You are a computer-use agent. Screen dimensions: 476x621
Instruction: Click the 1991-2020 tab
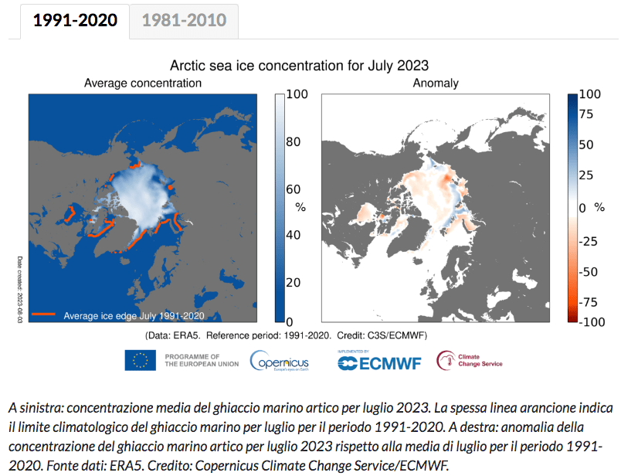click(75, 20)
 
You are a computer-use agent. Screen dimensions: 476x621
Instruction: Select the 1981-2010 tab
click(184, 20)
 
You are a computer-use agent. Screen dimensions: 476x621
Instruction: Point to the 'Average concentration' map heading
click(143, 83)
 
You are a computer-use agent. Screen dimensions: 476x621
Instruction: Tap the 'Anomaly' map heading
click(436, 83)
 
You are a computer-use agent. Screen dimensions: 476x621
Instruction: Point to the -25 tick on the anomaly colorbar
click(590, 241)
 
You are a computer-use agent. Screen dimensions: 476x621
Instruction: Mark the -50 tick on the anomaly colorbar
click(590, 272)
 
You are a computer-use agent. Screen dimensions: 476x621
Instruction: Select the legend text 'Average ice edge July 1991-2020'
click(134, 315)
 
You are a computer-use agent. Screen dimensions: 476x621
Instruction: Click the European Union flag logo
click(141, 360)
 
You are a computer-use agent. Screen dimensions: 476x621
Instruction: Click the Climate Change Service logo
click(470, 361)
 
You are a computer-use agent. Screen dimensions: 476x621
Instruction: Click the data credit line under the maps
click(286, 335)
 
